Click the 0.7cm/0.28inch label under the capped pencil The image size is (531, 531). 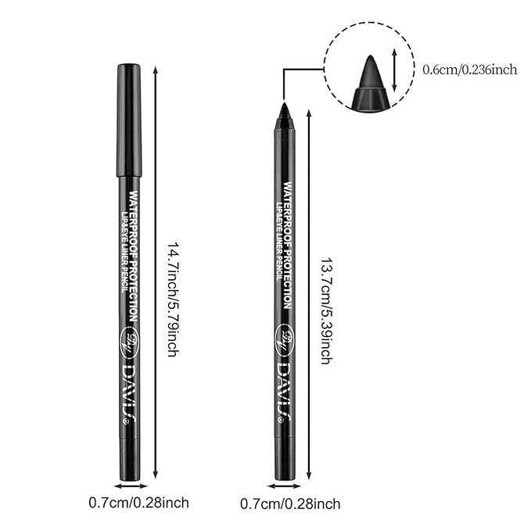click(x=137, y=503)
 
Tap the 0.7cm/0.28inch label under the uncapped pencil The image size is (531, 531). click(x=289, y=504)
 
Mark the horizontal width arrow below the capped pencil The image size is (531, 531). click(x=129, y=486)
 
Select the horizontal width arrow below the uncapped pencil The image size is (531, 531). click(x=284, y=486)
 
